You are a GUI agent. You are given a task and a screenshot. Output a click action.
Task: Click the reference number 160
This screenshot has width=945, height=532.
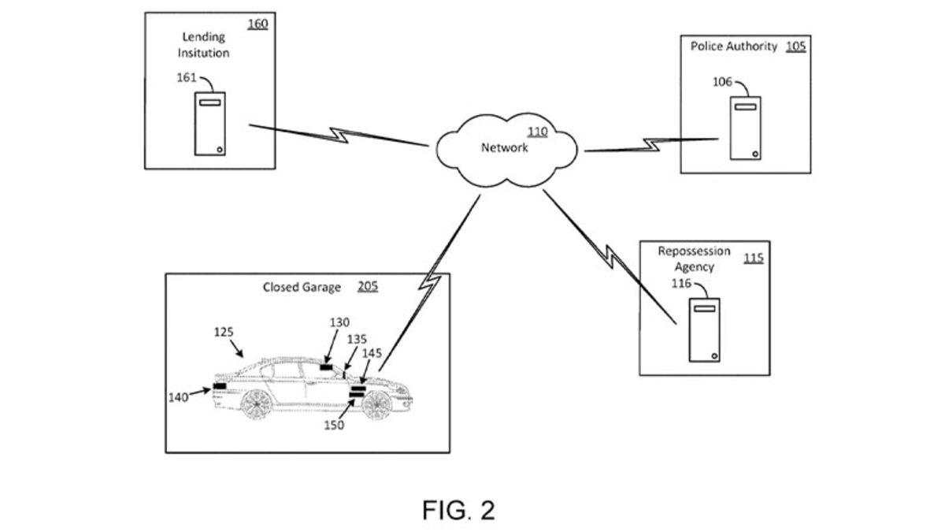tap(258, 24)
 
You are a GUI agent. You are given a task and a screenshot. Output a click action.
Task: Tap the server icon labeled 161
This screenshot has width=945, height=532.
tap(209, 123)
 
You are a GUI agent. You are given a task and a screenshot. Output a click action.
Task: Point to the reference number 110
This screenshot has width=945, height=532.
tap(537, 132)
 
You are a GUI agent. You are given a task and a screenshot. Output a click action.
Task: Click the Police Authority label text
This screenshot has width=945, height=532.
tap(734, 47)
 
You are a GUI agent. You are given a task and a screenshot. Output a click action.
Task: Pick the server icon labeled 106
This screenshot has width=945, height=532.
tap(745, 128)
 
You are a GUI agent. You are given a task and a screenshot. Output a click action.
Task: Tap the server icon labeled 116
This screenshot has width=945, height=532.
tap(705, 330)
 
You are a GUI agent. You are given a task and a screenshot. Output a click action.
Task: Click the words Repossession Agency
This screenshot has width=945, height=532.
tap(695, 259)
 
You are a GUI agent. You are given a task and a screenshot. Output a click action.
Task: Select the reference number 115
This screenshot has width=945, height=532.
tap(754, 258)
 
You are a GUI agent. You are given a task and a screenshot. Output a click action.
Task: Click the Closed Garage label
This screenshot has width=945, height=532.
tap(302, 288)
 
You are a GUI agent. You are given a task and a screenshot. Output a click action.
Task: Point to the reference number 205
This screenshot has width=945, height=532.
tap(368, 286)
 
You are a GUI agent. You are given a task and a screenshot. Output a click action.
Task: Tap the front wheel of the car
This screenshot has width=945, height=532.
tap(376, 404)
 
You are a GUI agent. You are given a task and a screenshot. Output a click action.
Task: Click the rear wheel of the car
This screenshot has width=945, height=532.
tap(257, 404)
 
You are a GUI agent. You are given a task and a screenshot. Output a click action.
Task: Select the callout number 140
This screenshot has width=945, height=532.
tap(178, 397)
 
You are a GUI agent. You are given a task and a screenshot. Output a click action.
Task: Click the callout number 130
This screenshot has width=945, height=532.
tap(339, 322)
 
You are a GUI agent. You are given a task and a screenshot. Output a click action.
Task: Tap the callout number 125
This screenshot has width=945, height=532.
tap(224, 333)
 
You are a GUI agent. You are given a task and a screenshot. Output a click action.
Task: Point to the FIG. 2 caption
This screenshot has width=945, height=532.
tap(458, 510)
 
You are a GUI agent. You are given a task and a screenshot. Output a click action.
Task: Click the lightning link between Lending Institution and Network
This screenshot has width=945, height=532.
tap(339, 135)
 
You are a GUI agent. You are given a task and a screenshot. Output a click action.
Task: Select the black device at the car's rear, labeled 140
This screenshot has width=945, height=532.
tap(220, 385)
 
